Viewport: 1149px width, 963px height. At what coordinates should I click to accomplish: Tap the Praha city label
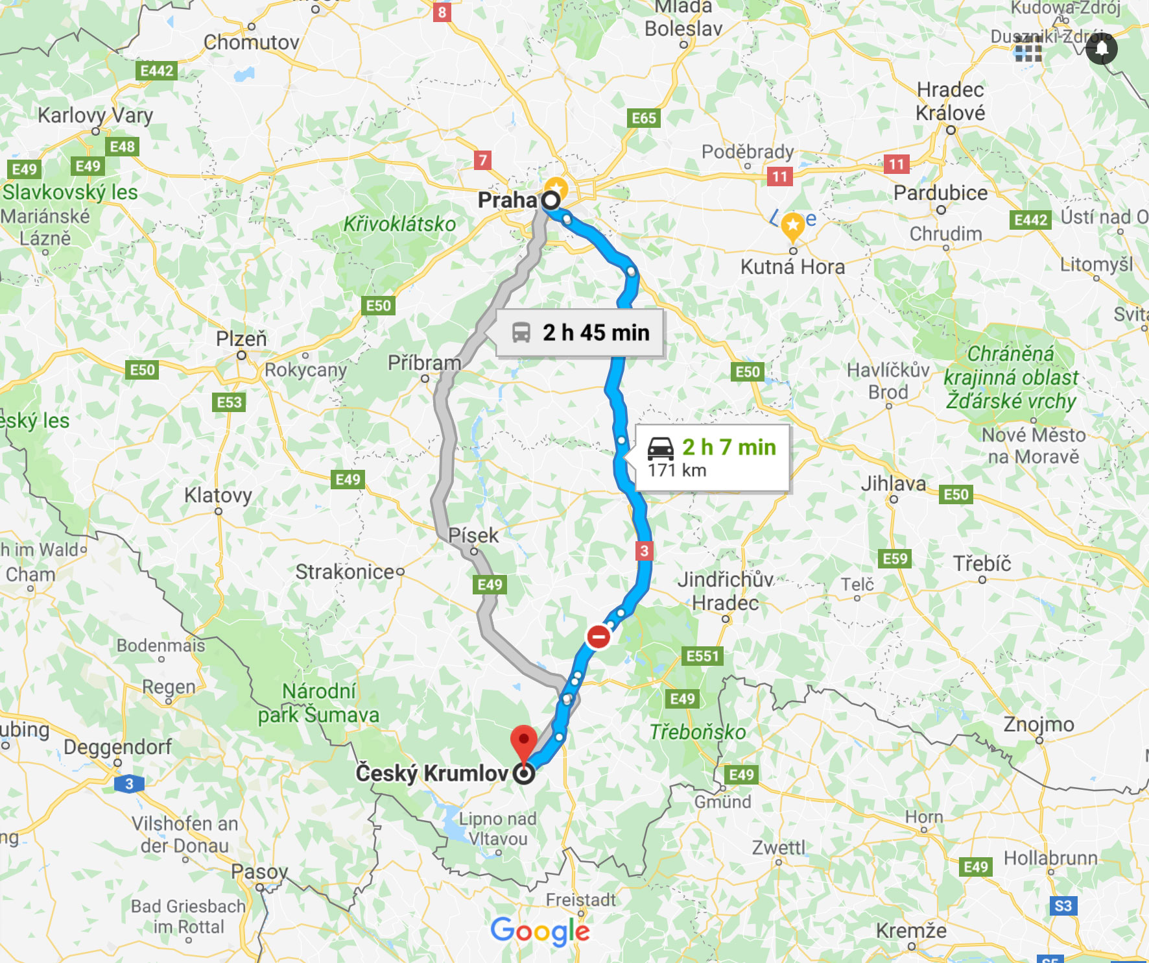coord(507,200)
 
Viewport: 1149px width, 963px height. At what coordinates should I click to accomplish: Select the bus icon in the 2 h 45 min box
coord(521,333)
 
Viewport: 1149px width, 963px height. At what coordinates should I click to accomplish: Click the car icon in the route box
coord(661,448)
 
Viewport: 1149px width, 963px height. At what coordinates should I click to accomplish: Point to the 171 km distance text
coord(677,470)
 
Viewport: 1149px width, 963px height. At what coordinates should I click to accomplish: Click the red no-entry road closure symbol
coord(598,636)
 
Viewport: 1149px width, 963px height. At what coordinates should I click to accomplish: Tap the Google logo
coord(540,932)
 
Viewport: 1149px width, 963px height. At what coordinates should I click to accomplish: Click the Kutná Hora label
coord(792,267)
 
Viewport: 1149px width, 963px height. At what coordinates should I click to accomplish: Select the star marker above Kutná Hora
coord(792,226)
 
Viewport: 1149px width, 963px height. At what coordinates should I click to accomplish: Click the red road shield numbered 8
coord(442,12)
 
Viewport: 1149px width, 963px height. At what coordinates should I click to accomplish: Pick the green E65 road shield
coord(644,118)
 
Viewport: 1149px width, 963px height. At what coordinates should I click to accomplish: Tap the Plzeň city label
coord(241,339)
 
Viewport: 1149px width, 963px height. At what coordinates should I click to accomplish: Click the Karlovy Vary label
coord(95,116)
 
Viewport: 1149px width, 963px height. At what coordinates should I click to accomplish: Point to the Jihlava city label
coord(893,483)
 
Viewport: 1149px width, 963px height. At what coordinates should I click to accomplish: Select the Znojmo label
coord(1039,724)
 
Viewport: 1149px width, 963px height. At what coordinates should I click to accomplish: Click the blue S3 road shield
coord(1063,905)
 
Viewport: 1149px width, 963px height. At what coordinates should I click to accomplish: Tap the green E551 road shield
coord(703,656)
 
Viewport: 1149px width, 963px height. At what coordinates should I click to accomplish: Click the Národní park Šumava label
coord(318,703)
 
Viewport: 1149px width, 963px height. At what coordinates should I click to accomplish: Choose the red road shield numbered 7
coord(482,160)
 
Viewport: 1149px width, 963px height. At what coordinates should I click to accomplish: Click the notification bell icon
coord(1102,49)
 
